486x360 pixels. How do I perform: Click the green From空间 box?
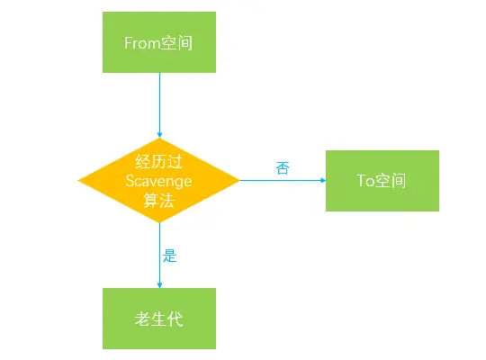tap(159, 42)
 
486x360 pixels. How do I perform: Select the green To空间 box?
tap(382, 181)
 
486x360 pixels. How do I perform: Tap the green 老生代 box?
tap(159, 319)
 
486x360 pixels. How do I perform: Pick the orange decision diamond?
tap(159, 180)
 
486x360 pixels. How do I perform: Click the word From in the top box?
tap(142, 43)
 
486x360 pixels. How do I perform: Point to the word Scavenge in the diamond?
tap(158, 181)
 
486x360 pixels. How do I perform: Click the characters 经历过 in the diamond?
tap(158, 162)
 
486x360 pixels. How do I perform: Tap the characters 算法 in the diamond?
tap(158, 201)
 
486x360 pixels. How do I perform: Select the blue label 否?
tap(283, 168)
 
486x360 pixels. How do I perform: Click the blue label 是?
tap(169, 256)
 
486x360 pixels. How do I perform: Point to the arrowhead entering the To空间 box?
tap(323, 180)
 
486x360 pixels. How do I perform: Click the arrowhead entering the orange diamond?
tap(159, 135)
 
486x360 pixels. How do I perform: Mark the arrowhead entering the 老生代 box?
tap(159, 285)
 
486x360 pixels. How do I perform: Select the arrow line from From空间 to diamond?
tap(159, 105)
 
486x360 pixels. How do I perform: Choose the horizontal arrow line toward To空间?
tap(283, 180)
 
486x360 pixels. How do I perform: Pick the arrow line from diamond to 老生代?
tap(159, 256)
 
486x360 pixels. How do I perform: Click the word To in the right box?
tap(365, 181)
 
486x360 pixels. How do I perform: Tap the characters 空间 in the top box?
tap(176, 43)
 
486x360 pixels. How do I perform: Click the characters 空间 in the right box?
tap(391, 181)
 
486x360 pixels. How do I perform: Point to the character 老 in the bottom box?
tap(142, 319)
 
